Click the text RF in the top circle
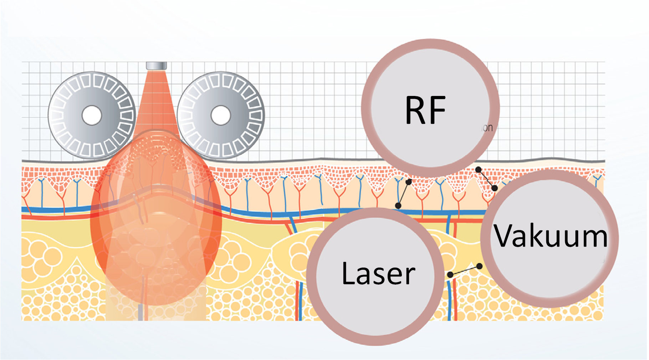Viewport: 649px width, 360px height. [x=425, y=110]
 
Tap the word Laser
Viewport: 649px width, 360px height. [x=378, y=274]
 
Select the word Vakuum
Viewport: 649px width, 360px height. [x=550, y=235]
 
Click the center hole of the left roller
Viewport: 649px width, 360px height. [x=92, y=115]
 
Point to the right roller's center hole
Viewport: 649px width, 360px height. [x=221, y=115]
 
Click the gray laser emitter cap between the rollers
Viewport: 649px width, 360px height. [x=156, y=66]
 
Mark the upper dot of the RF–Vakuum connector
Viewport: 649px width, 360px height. [x=479, y=169]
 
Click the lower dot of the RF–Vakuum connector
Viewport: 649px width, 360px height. [x=495, y=188]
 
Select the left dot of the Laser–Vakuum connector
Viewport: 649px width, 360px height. [x=450, y=274]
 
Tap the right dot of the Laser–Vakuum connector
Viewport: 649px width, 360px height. [x=479, y=266]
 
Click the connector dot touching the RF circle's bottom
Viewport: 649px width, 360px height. [x=409, y=182]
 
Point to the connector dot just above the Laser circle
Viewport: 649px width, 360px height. [x=398, y=206]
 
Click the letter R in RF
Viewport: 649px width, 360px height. [x=415, y=110]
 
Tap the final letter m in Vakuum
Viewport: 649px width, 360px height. [x=594, y=236]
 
